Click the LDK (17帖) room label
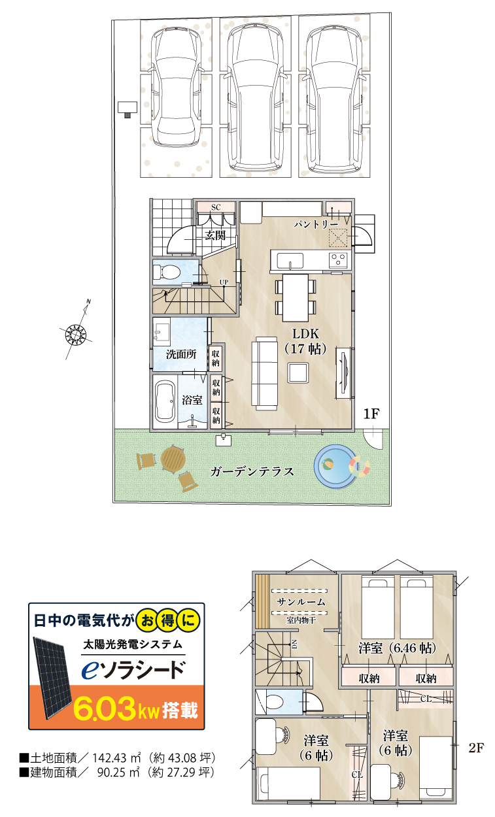[305, 341]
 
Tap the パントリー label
[316, 224]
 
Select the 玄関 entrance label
[215, 235]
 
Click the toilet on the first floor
[166, 272]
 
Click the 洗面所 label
[181, 354]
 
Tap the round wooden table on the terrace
[173, 460]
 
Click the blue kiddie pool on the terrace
[335, 466]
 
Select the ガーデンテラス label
[252, 472]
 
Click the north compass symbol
[77, 334]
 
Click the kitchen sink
[290, 261]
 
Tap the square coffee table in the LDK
[298, 373]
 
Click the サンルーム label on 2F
[301, 602]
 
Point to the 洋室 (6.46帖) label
[397, 648]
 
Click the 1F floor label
[371, 414]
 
